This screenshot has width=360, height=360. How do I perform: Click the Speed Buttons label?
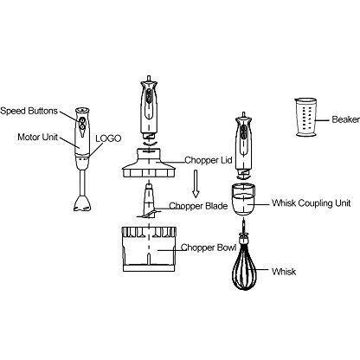click(x=29, y=111)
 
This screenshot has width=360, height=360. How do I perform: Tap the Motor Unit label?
click(x=37, y=137)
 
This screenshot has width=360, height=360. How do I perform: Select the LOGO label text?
click(x=108, y=138)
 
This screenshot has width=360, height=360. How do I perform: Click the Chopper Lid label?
click(x=208, y=160)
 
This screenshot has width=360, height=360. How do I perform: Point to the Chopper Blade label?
click(x=198, y=206)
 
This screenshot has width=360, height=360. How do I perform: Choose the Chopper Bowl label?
click(x=209, y=247)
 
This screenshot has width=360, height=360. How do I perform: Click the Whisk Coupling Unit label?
click(x=311, y=202)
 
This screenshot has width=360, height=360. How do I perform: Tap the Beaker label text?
click(x=345, y=119)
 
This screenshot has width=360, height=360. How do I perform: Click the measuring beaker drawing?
click(x=306, y=117)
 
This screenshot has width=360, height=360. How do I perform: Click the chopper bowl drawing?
click(x=149, y=249)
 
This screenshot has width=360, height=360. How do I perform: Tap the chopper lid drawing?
click(x=149, y=163)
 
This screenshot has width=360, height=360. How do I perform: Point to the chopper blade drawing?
click(x=148, y=201)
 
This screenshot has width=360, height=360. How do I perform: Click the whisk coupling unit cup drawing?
click(x=243, y=199)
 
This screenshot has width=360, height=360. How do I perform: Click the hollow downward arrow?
click(x=196, y=183)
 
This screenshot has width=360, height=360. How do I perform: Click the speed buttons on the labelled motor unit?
click(x=82, y=123)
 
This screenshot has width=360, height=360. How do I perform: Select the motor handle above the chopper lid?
click(x=149, y=107)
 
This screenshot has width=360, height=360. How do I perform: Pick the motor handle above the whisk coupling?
click(x=244, y=144)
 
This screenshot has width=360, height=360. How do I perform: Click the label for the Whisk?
click(x=284, y=272)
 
